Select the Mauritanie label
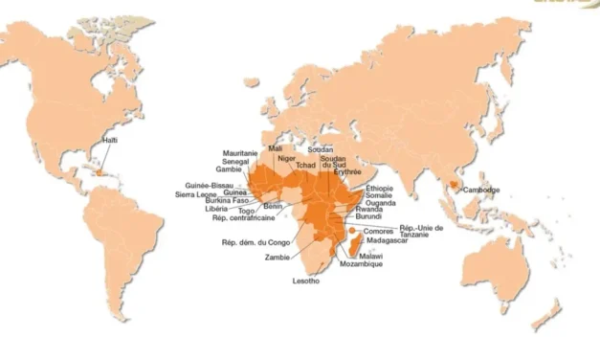point(239,153)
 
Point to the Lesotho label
point(307,281)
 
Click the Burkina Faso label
point(227,200)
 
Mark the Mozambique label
point(361,264)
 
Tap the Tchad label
point(305,165)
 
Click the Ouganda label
point(380,202)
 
